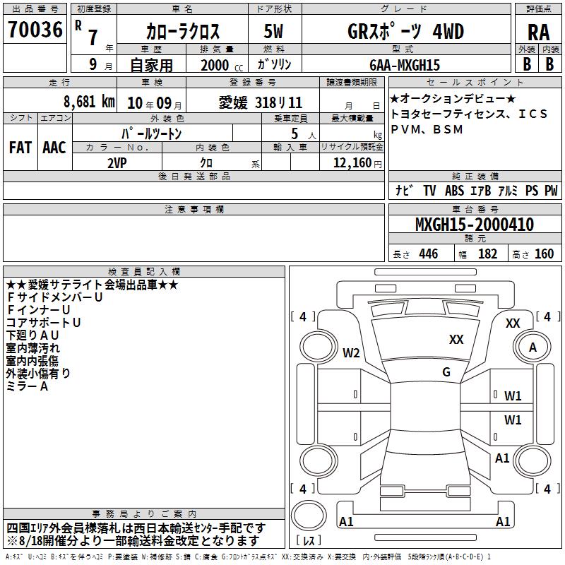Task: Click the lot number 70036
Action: [35, 30]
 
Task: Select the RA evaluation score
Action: [539, 32]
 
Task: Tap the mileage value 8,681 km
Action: [90, 102]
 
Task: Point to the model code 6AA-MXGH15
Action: [405, 65]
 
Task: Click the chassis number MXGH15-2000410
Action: [475, 225]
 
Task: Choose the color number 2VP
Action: [117, 163]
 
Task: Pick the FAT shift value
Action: [20, 148]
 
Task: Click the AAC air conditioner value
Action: [54, 148]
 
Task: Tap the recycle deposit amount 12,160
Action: [352, 163]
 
